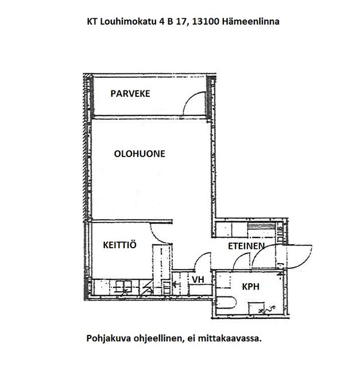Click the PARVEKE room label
tap(130, 93)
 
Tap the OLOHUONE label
tap(140, 154)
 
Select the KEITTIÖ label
tap(119, 245)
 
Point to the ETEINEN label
tap(246, 246)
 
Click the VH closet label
tap(198, 279)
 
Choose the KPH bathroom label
tap(250, 287)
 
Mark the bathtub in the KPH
tap(226, 302)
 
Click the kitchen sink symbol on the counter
tap(124, 287)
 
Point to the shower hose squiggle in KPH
tap(269, 310)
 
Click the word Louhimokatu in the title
tap(128, 22)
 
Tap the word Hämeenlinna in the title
tap(250, 22)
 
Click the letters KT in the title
tap(92, 22)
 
